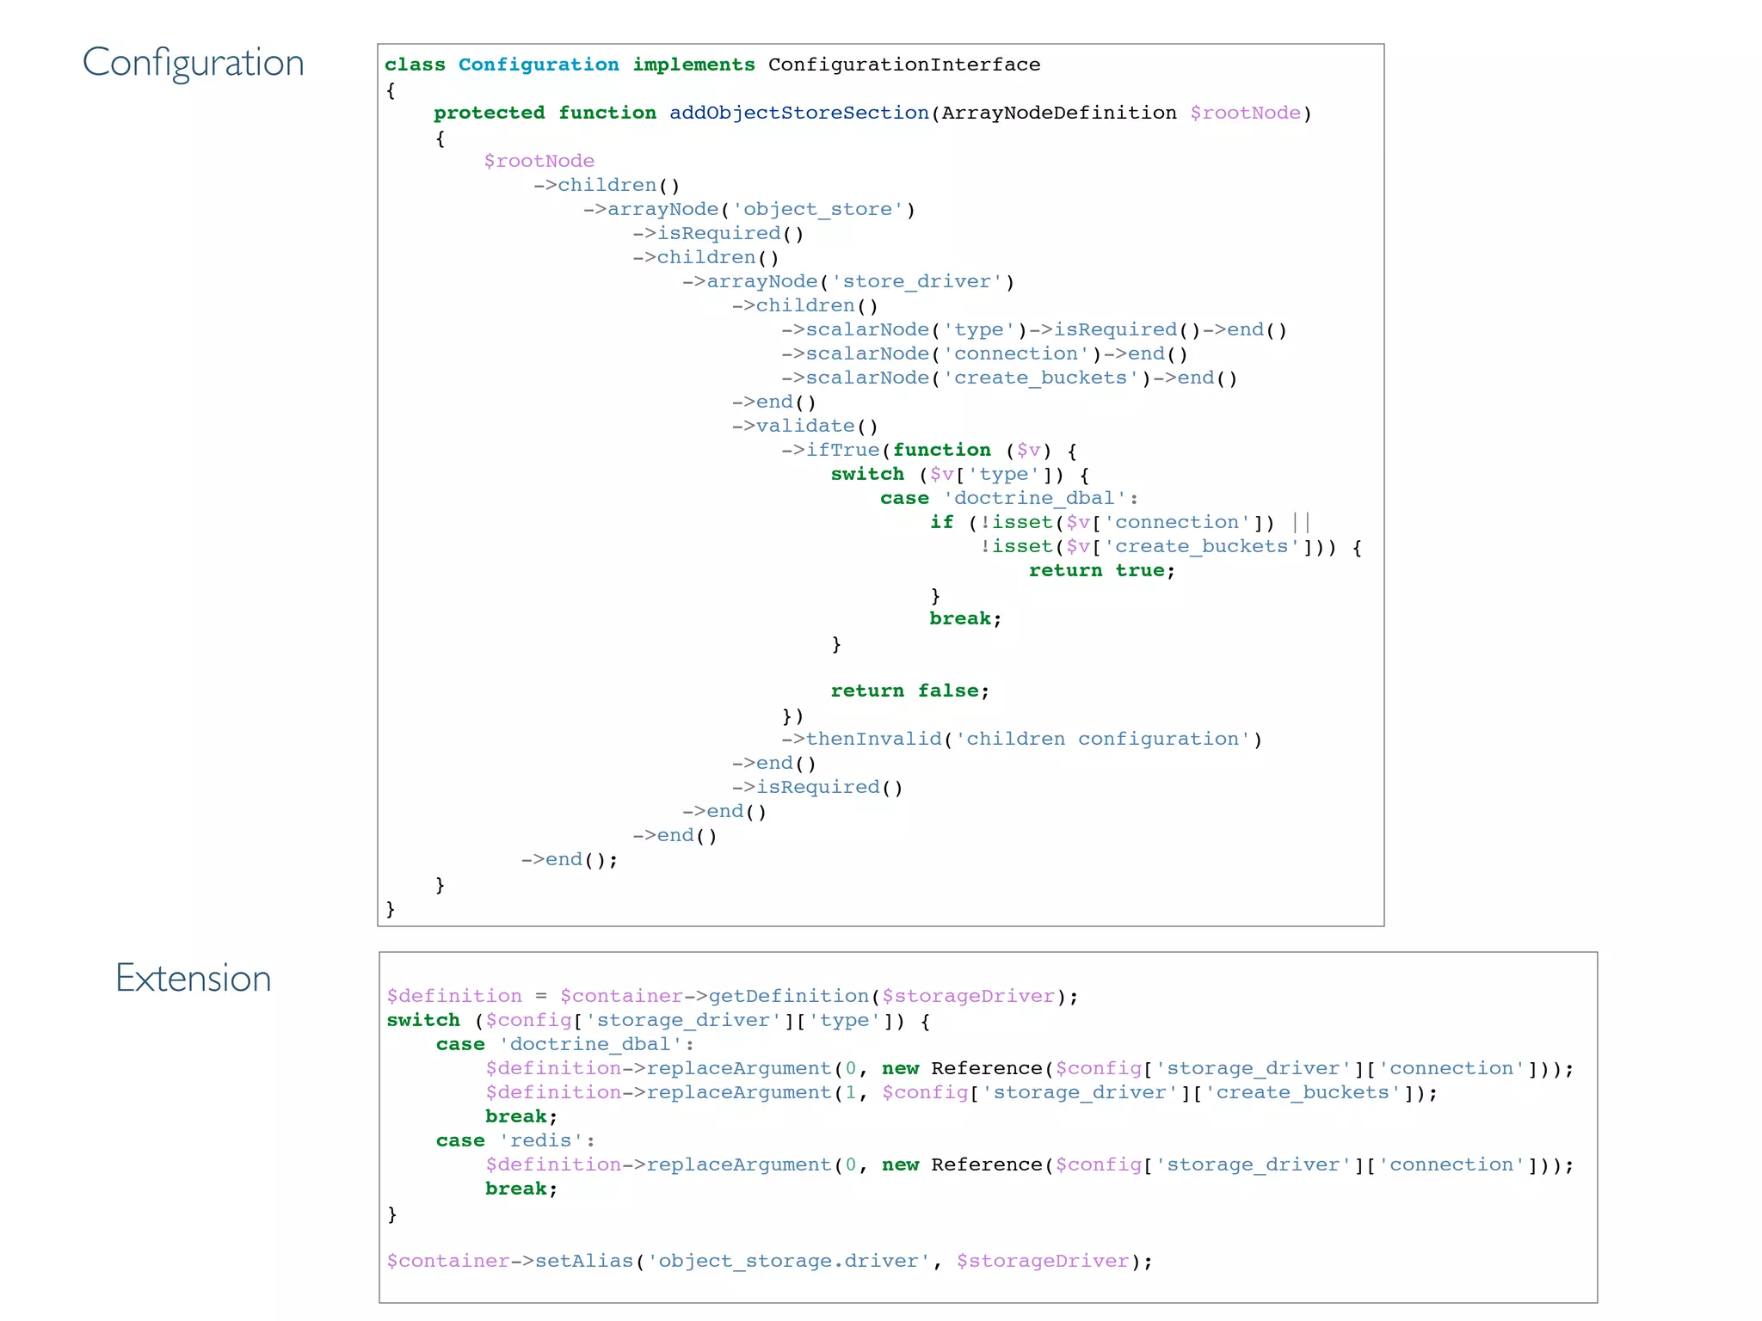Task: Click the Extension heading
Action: (x=194, y=979)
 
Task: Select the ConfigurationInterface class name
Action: (x=903, y=65)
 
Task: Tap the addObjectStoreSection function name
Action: (x=799, y=114)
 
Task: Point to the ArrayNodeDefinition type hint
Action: (x=1058, y=114)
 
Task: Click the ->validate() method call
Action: (x=805, y=427)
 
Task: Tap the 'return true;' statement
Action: (x=1101, y=571)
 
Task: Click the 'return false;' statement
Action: (x=909, y=691)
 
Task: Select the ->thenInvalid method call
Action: (x=862, y=740)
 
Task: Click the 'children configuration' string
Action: (x=1102, y=740)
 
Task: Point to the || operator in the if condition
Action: (x=1301, y=523)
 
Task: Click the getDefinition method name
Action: (x=788, y=997)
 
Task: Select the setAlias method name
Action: (x=584, y=1262)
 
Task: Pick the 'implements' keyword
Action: (x=693, y=65)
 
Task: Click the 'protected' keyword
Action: (x=489, y=114)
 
